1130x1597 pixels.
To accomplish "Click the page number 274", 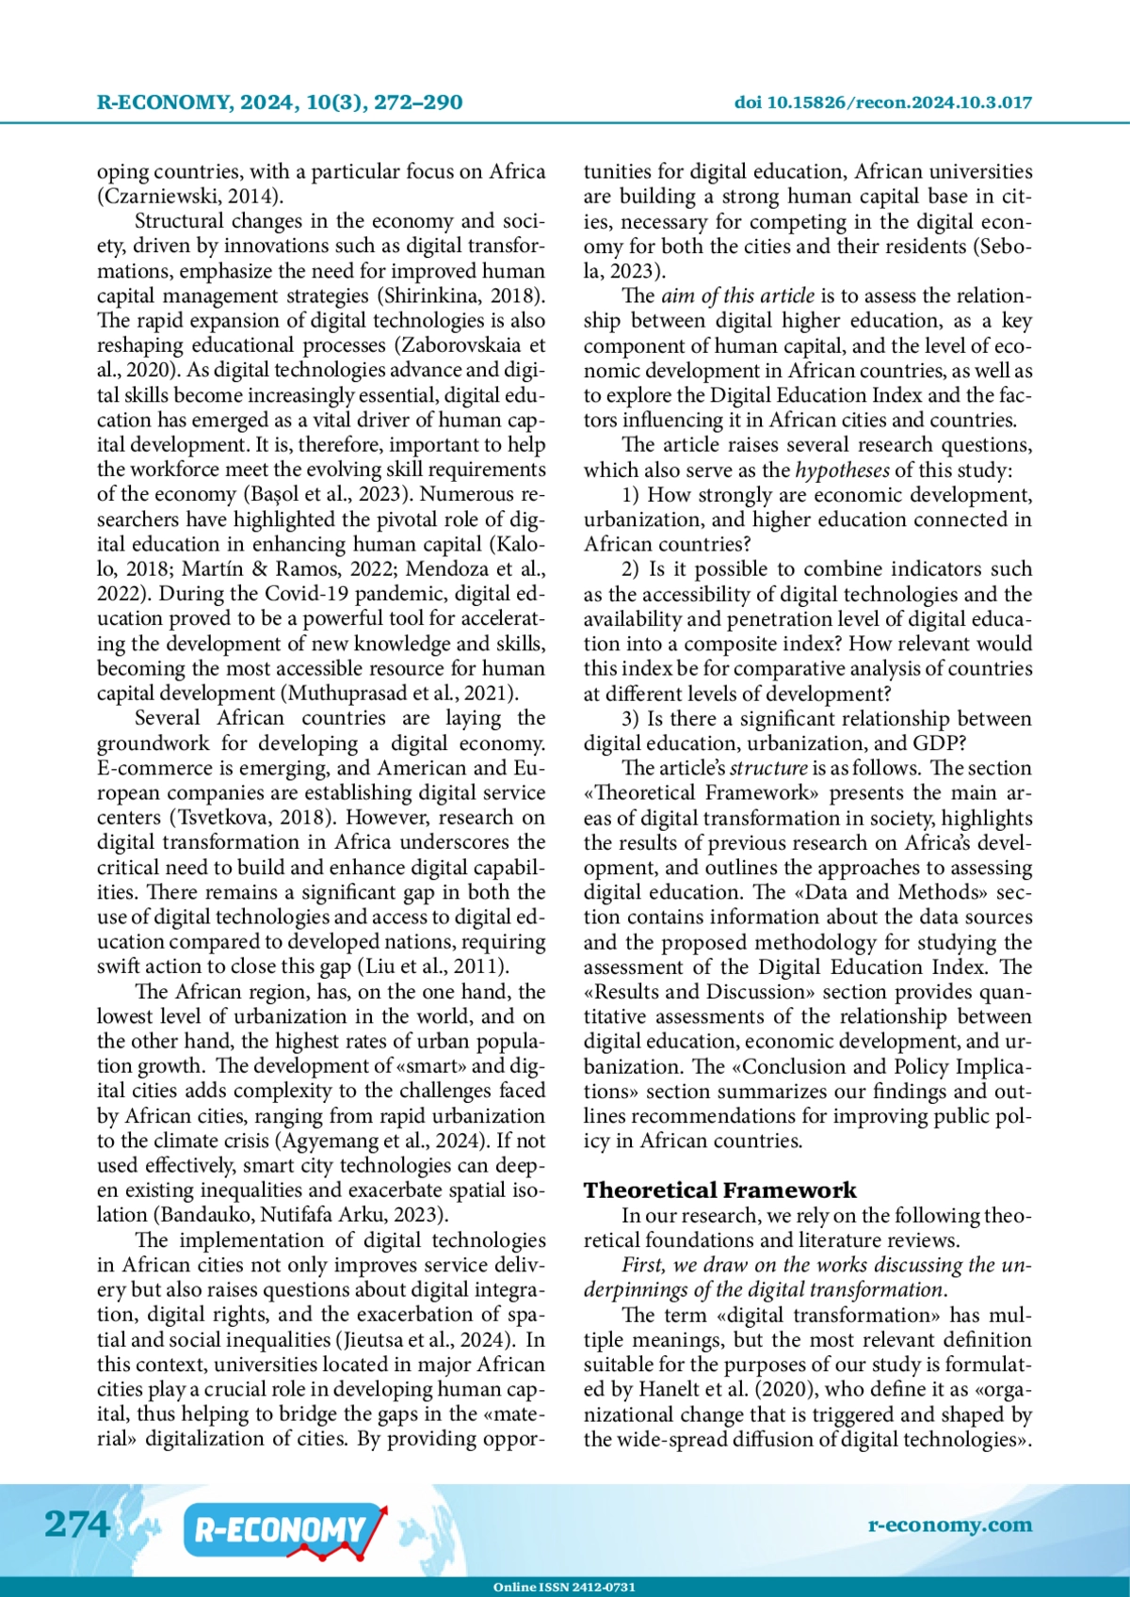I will click(x=77, y=1523).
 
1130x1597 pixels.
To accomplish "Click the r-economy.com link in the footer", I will click(x=949, y=1525).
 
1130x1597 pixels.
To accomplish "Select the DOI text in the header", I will click(x=882, y=103).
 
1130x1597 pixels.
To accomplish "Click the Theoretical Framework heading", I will click(x=719, y=1190).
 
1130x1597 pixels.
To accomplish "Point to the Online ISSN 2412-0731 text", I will click(x=564, y=1587).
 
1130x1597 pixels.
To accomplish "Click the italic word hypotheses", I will click(x=842, y=470).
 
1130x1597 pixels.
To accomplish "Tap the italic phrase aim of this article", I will click(x=737, y=295).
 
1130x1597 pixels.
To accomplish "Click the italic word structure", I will click(x=768, y=768).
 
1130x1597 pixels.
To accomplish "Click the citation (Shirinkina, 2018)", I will click(x=461, y=295).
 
